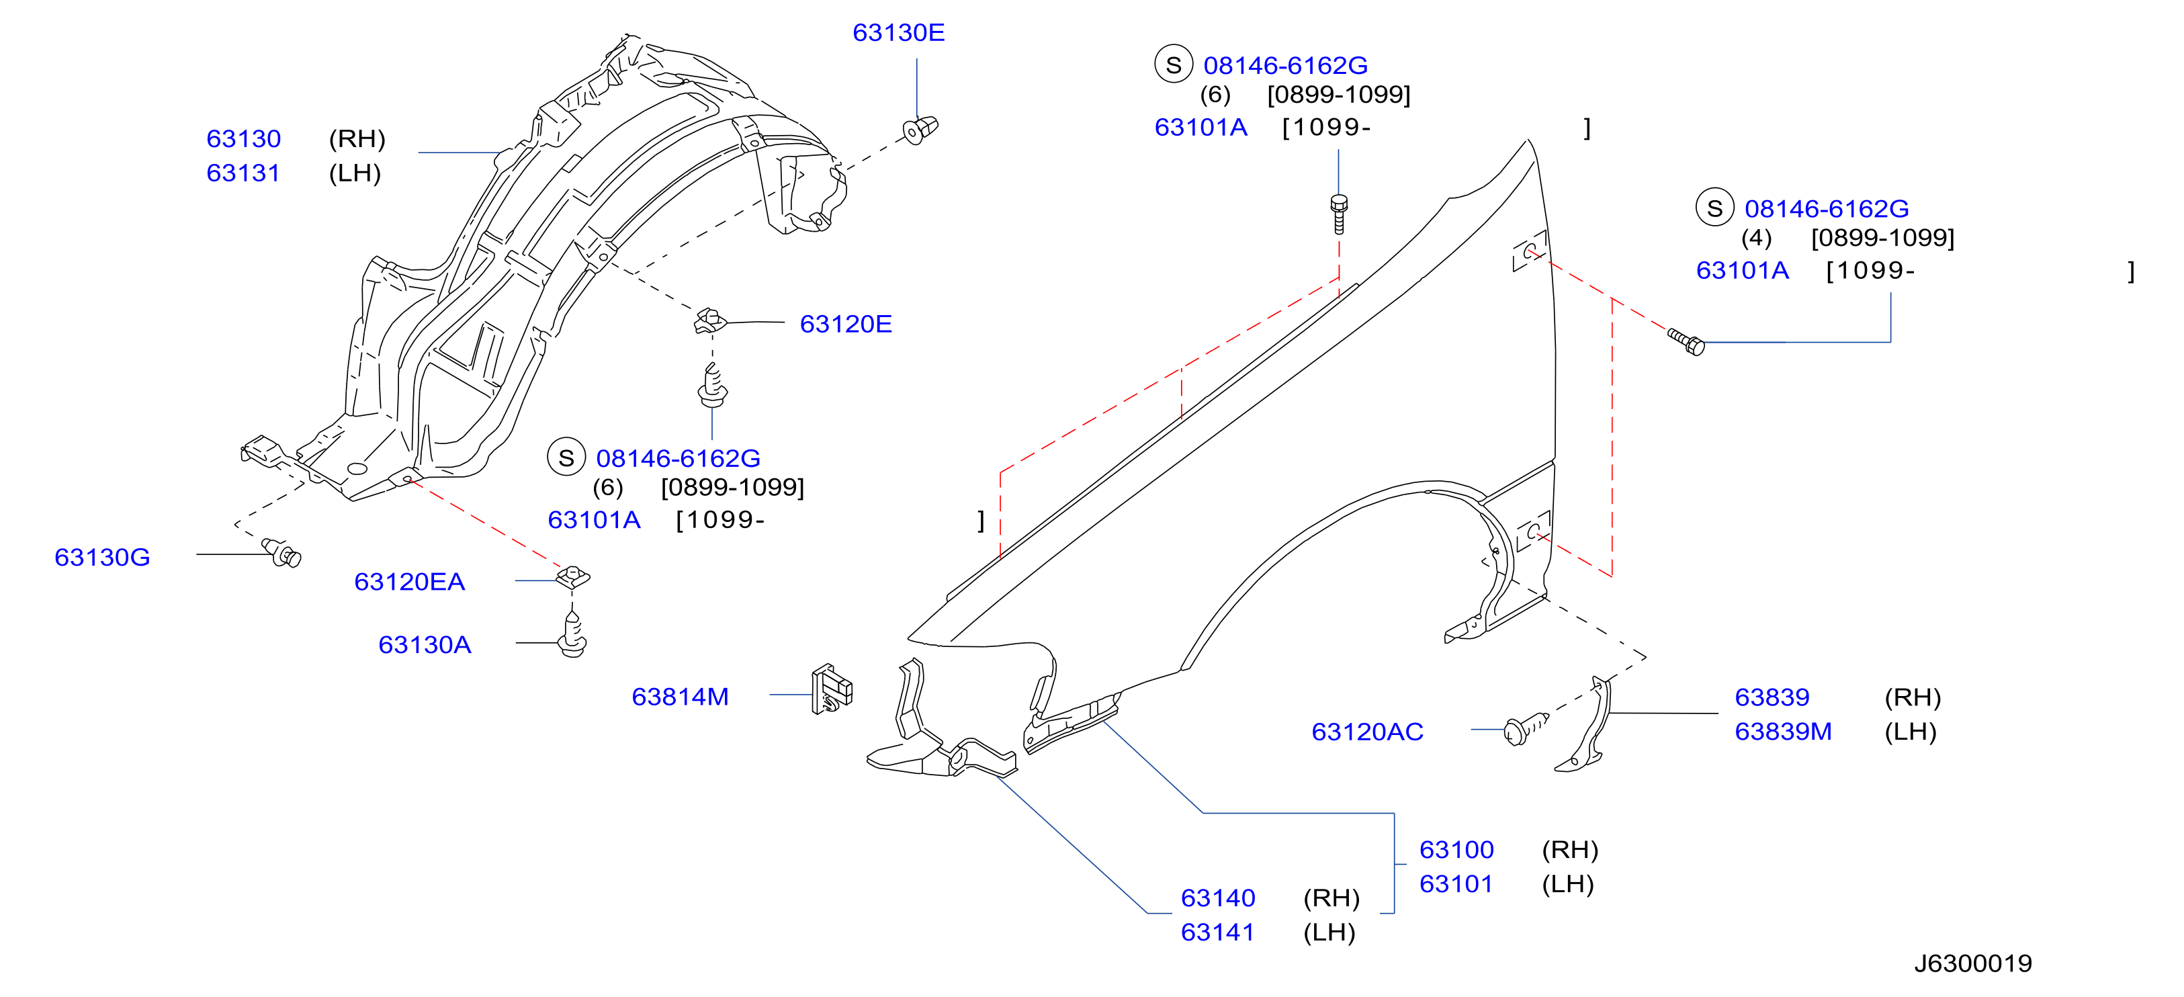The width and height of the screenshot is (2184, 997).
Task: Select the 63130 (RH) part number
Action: [x=243, y=138]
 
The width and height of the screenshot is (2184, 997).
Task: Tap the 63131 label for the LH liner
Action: [x=243, y=173]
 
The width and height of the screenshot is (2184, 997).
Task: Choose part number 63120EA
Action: [x=410, y=582]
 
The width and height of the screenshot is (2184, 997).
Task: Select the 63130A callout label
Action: [x=424, y=644]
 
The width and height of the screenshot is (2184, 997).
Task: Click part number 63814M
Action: [x=680, y=696]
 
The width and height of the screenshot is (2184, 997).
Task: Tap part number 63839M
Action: [x=1783, y=731]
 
